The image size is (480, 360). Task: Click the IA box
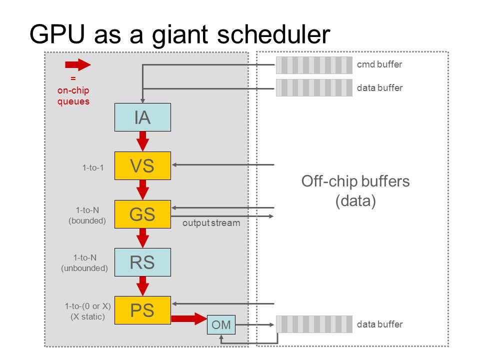coord(142,117)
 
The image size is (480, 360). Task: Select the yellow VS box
coord(142,165)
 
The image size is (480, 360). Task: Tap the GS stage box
coord(142,214)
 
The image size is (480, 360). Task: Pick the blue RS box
coord(142,262)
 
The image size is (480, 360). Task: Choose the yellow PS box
coord(142,310)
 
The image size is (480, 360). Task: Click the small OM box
coord(221,325)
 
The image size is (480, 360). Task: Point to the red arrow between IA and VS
coord(142,141)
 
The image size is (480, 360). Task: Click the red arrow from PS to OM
coord(189,318)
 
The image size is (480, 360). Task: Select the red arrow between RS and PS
coord(142,286)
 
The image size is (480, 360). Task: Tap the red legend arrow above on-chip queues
coord(78,64)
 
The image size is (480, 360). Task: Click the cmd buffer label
coord(379,64)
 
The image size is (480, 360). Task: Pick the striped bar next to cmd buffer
coord(314,65)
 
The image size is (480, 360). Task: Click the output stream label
coord(211,223)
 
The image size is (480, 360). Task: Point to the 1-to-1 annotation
coord(93,168)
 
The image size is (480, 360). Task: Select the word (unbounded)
coord(84,268)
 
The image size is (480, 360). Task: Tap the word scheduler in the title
coord(273,34)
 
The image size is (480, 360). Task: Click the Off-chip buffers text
coord(355,181)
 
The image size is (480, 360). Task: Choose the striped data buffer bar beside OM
coord(314,324)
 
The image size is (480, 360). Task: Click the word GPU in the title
coord(57,34)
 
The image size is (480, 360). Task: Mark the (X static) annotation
coord(87,316)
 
